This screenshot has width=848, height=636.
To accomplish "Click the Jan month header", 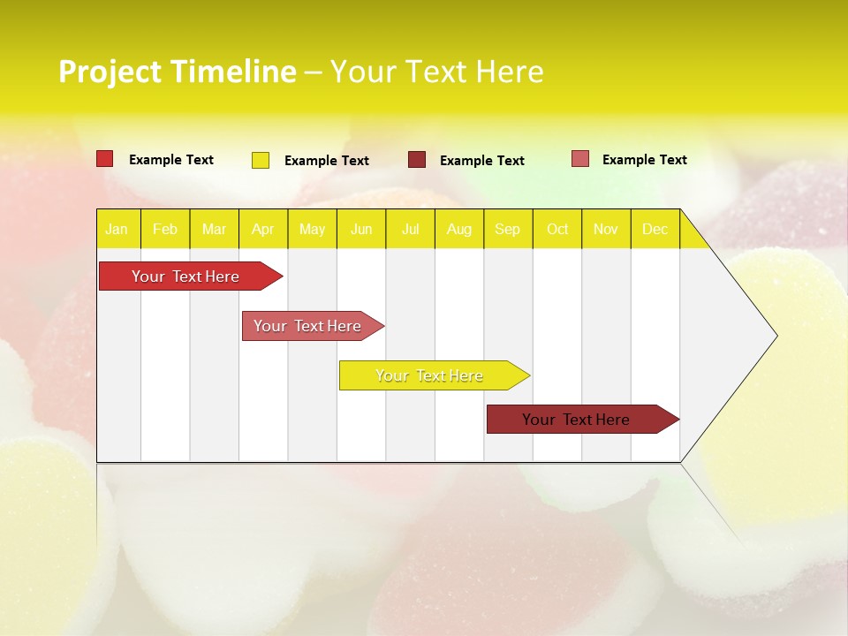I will pyautogui.click(x=117, y=230).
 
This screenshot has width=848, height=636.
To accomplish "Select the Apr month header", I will pyautogui.click(x=262, y=230).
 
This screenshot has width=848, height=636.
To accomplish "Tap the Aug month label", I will pyautogui.click(x=458, y=230).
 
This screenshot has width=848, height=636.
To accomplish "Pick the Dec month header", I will pyautogui.click(x=655, y=230).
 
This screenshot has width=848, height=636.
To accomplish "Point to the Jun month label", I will pyautogui.click(x=361, y=230).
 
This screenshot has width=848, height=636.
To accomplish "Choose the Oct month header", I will pyautogui.click(x=557, y=230).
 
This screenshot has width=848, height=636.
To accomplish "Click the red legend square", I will pyautogui.click(x=105, y=159).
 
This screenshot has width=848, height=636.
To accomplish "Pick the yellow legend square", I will pyautogui.click(x=261, y=160).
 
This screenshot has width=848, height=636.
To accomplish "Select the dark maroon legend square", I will pyautogui.click(x=417, y=160).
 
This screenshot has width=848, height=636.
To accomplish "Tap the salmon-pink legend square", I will pyautogui.click(x=580, y=159).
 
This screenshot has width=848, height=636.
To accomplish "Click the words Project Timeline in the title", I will pyautogui.click(x=177, y=72).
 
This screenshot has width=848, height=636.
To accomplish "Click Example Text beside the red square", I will pyautogui.click(x=171, y=160).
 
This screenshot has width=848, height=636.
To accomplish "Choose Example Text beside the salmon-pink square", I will pyautogui.click(x=644, y=160).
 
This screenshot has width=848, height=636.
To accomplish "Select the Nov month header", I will pyautogui.click(x=606, y=230).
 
